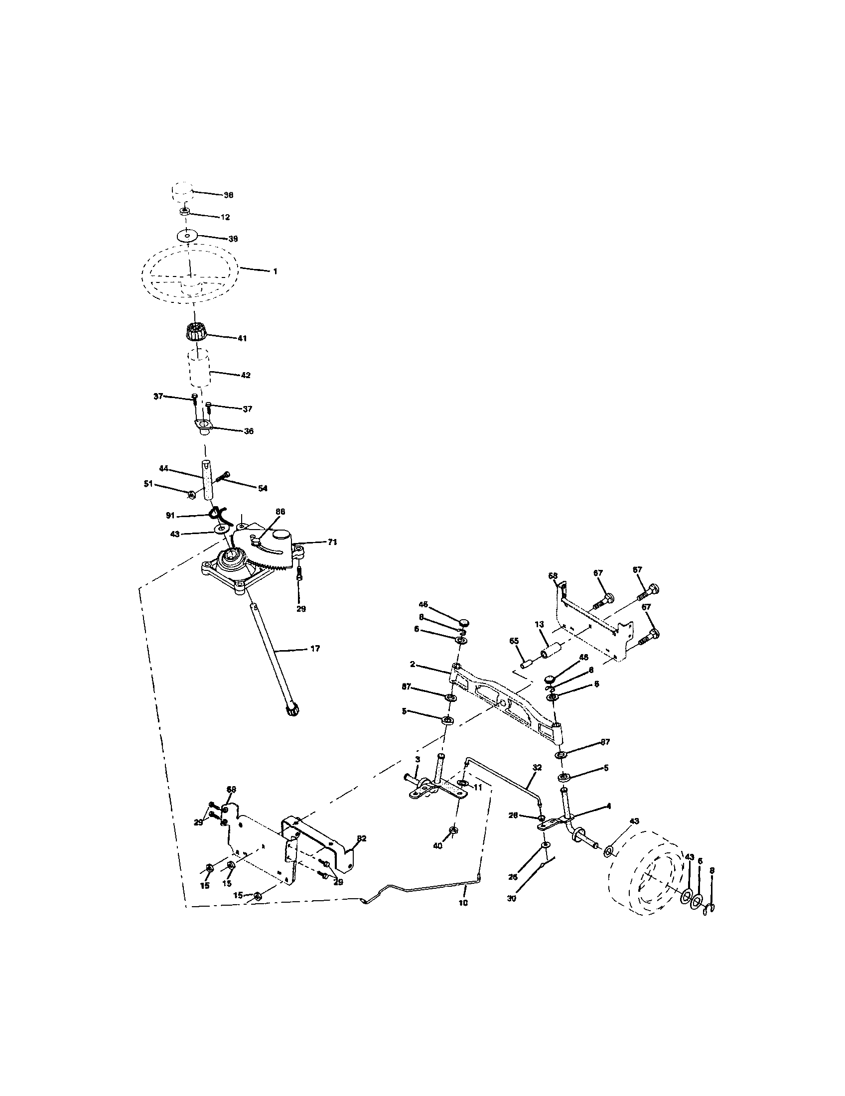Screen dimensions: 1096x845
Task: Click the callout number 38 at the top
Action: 228,195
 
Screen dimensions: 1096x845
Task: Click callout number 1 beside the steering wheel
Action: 275,271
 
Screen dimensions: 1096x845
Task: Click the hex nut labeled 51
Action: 191,496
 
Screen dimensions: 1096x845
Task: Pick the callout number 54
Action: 263,488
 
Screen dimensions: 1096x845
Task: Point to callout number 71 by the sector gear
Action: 332,542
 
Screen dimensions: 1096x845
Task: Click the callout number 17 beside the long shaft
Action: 314,649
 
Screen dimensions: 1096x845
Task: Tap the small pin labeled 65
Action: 527,664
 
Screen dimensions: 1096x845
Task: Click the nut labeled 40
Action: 452,830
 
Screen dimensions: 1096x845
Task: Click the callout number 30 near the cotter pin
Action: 511,898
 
